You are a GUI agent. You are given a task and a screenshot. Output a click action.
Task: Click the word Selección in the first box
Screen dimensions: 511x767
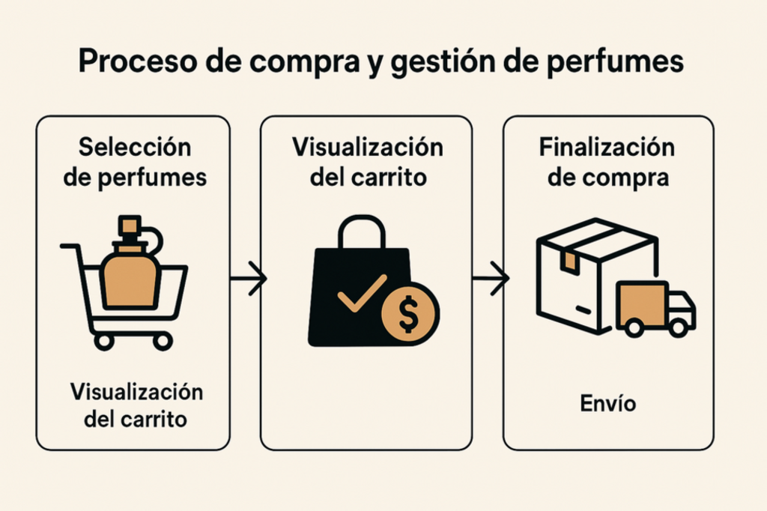135,147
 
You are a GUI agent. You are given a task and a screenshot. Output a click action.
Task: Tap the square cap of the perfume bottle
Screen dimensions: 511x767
130,224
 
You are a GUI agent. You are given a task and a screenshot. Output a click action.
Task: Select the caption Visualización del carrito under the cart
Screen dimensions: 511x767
136,405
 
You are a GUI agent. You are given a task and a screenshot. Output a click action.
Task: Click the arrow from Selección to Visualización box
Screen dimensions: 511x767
248,279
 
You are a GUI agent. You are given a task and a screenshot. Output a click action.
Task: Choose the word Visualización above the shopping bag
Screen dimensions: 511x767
367,147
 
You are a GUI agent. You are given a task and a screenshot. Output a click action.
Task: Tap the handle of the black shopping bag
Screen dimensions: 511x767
362,232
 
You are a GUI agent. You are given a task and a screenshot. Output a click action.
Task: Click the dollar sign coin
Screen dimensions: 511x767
409,312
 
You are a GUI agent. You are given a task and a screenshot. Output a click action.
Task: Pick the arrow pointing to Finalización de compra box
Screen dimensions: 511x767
491,278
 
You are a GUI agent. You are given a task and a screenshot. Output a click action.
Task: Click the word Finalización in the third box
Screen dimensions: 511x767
607,147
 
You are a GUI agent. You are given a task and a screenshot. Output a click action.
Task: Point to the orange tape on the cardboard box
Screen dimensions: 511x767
569,259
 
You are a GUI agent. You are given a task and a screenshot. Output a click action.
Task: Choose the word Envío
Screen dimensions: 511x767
607,404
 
